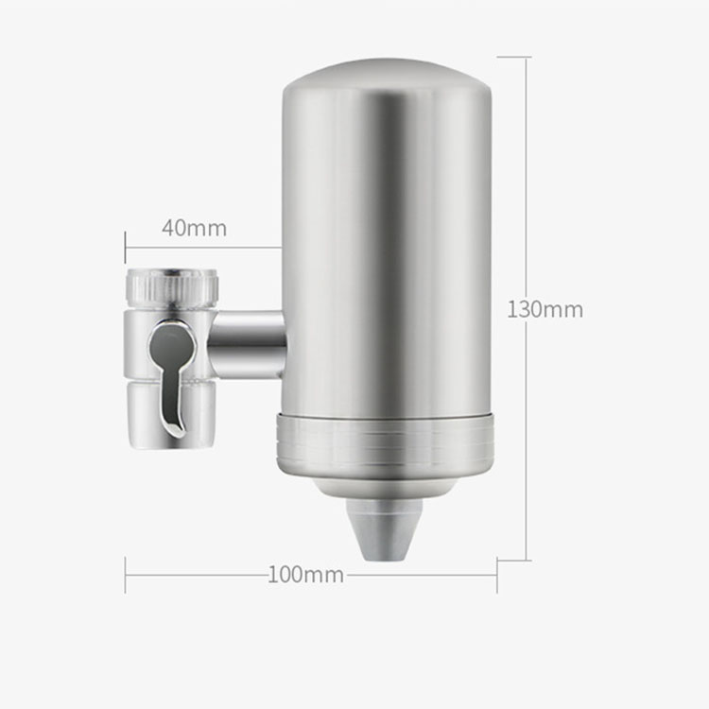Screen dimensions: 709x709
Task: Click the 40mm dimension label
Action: [194, 228]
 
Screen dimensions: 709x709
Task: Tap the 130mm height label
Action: [545, 309]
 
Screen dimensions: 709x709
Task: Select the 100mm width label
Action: [304, 575]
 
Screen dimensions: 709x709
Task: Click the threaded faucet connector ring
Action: [172, 286]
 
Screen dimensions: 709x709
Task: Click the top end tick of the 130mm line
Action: [513, 57]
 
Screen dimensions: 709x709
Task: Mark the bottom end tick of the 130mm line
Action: [513, 561]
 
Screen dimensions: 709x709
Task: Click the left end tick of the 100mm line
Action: [126, 575]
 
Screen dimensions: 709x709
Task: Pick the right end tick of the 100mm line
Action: [497, 575]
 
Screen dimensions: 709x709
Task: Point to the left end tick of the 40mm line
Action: [126, 248]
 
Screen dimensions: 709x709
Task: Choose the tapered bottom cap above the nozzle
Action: [386, 486]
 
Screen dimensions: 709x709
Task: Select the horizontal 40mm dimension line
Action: [203, 248]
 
